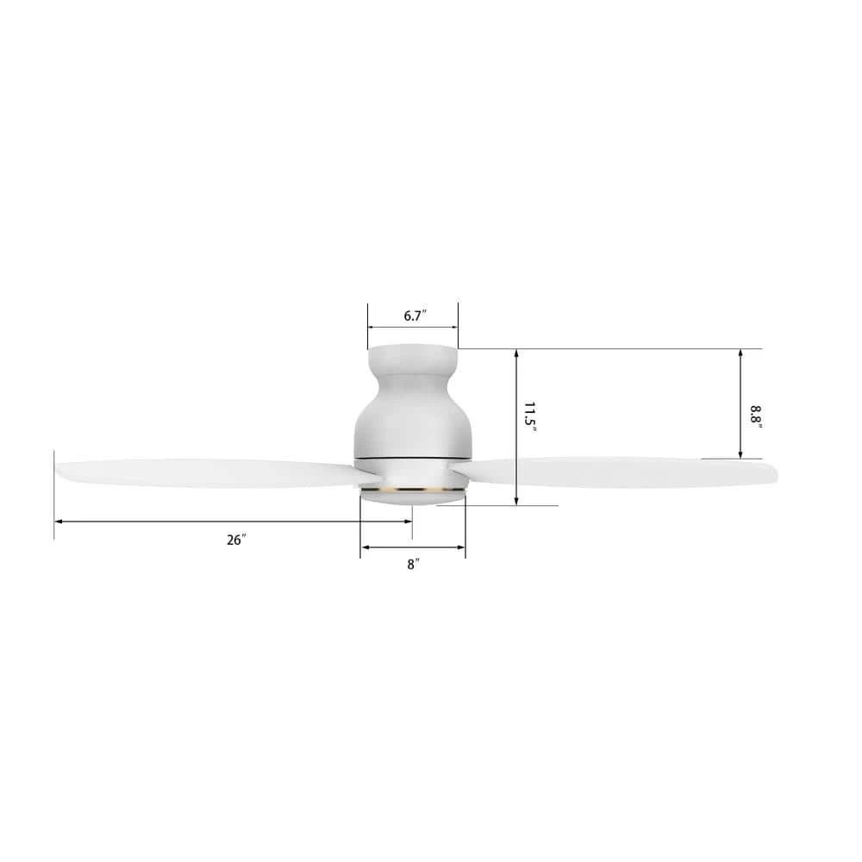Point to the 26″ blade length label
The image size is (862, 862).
[236, 540]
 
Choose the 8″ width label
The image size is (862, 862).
[414, 565]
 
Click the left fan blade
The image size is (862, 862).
[207, 473]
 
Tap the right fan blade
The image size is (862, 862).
[621, 472]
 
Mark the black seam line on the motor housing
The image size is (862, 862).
[413, 453]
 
